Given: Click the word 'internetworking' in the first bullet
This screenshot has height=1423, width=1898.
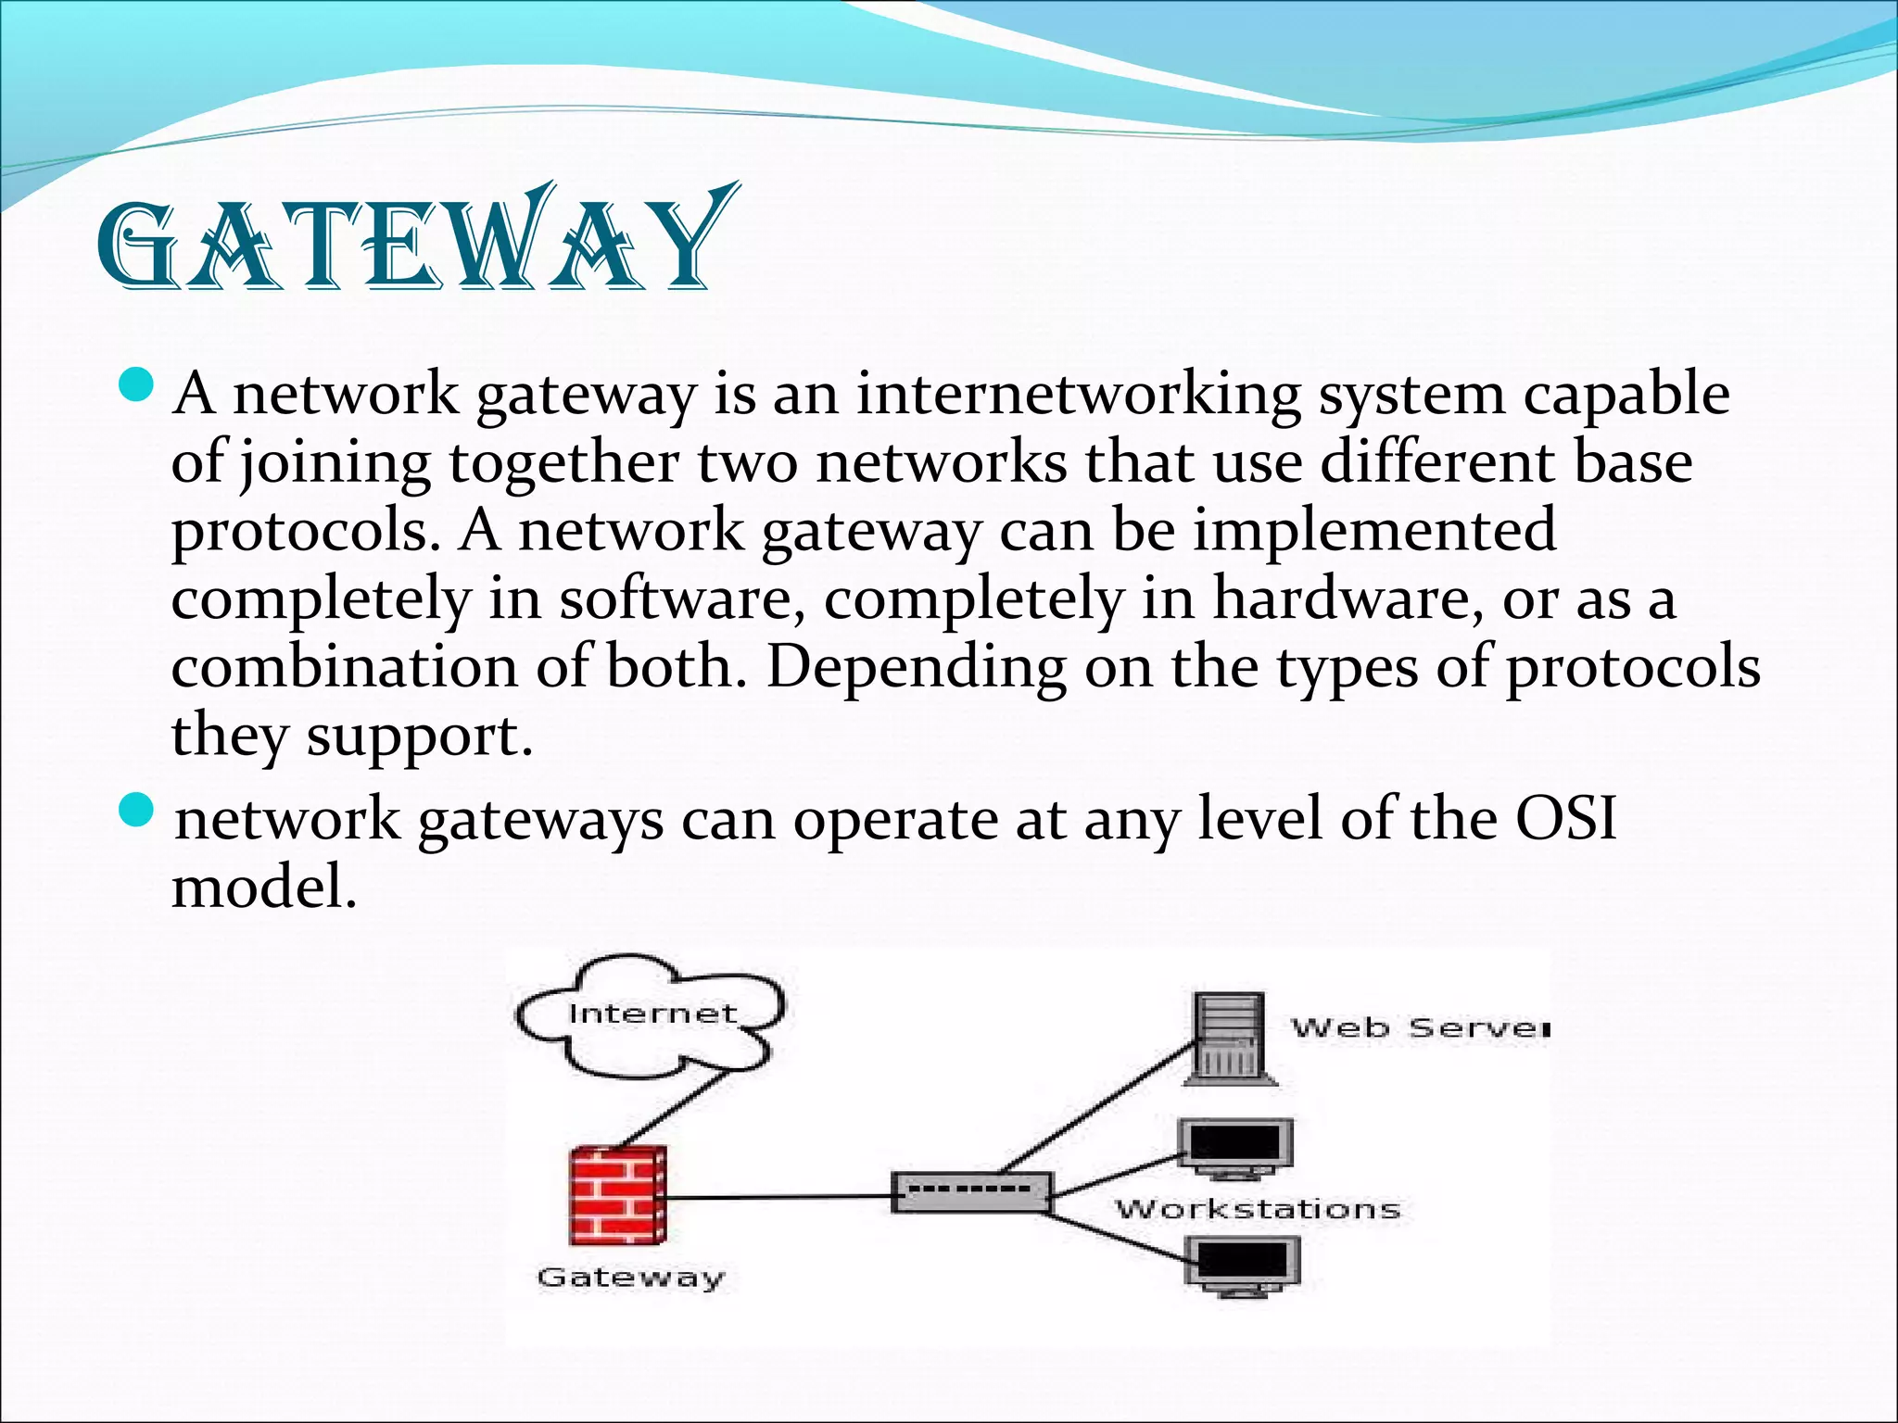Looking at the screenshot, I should click(1078, 394).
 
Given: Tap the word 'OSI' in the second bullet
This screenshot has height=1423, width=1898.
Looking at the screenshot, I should click(1565, 819).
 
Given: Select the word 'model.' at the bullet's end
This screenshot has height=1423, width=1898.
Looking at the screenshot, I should click(264, 888).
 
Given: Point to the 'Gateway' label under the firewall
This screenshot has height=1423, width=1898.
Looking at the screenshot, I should click(630, 1278).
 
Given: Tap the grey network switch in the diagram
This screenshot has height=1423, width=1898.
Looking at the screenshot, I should click(971, 1191).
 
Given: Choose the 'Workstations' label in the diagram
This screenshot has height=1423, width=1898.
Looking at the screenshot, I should click(1258, 1208).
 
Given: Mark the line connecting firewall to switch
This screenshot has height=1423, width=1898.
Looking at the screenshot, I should click(778, 1196).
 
